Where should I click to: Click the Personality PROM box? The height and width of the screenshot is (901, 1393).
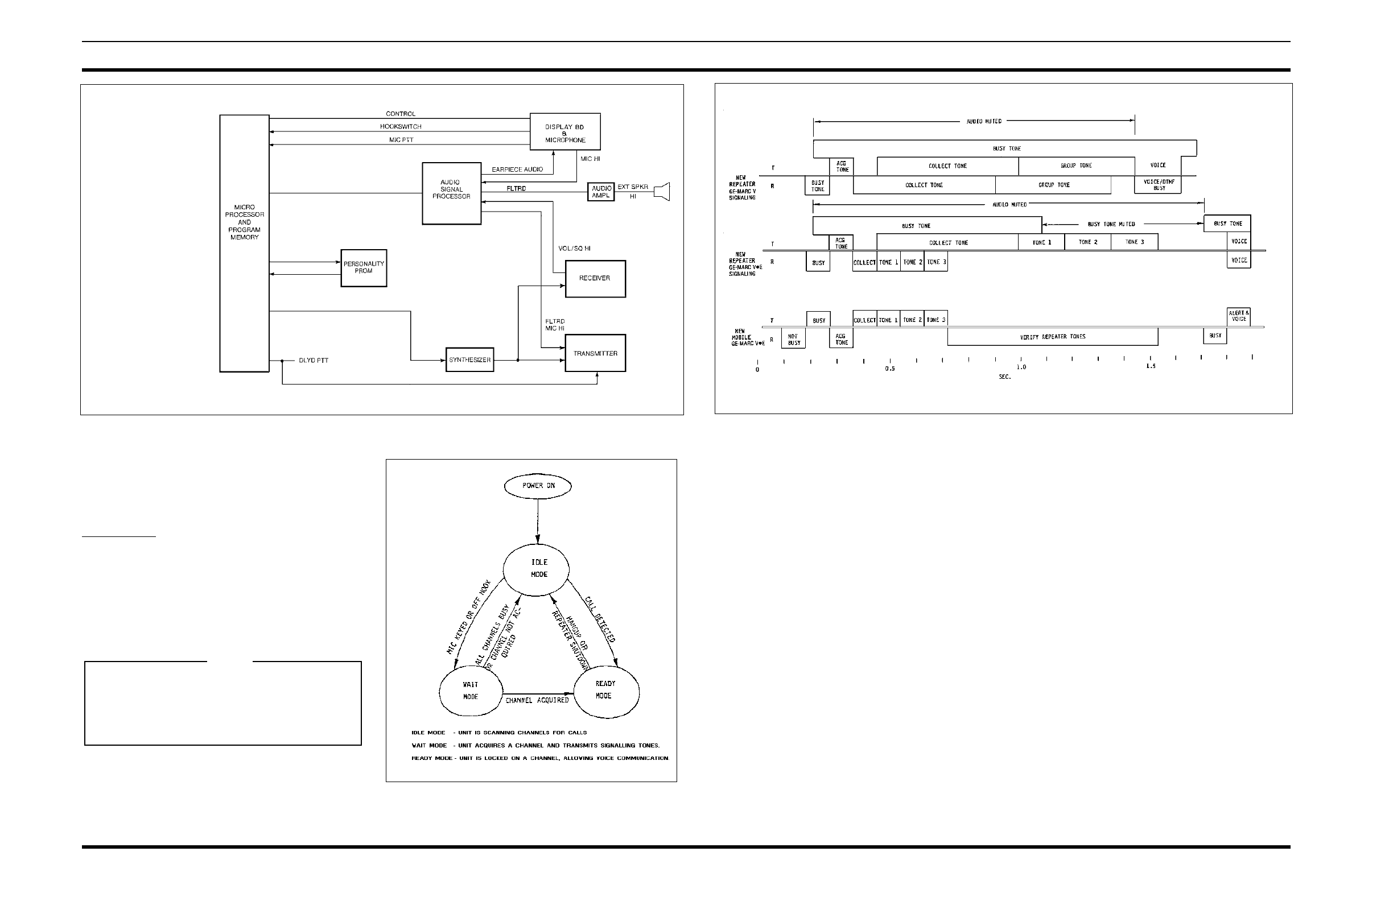pyautogui.click(x=364, y=268)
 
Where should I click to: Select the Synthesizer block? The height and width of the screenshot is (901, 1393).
pyautogui.click(x=469, y=360)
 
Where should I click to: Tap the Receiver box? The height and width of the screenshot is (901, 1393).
pyautogui.click(x=595, y=279)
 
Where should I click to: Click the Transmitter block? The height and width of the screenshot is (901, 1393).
pyautogui.click(x=595, y=353)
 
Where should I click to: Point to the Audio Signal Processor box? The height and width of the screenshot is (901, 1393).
pyautogui.click(x=451, y=193)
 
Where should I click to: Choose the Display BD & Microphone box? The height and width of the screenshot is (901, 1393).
pyautogui.click(x=565, y=132)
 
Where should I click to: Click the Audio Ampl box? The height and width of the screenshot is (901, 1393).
pyautogui.click(x=601, y=192)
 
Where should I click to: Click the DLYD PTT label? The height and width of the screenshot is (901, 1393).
pyautogui.click(x=313, y=361)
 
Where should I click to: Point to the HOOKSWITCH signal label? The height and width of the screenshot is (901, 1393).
pyautogui.click(x=401, y=126)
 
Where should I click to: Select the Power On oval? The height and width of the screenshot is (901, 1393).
pyautogui.click(x=538, y=486)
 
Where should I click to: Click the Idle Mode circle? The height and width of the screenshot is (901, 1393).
pyautogui.click(x=536, y=568)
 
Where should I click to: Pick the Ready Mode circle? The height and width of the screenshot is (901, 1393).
pyautogui.click(x=605, y=690)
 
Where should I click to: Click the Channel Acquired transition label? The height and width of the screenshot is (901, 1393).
pyautogui.click(x=537, y=700)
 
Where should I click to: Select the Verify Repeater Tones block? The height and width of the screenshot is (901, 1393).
pyautogui.click(x=1052, y=337)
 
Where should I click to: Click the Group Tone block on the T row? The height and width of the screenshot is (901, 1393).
pyautogui.click(x=1076, y=166)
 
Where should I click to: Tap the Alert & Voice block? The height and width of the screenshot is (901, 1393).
pyautogui.click(x=1238, y=316)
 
